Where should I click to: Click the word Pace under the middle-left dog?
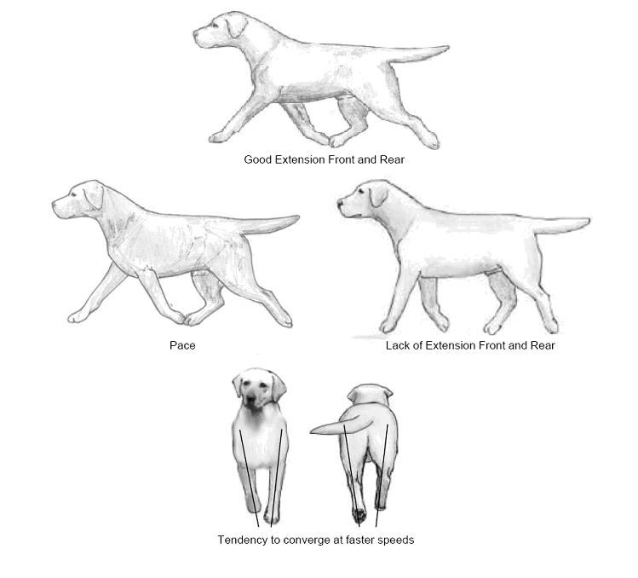pos(182,345)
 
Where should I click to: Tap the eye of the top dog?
pos(215,25)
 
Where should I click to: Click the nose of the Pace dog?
pos(55,202)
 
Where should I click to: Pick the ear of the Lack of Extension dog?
pos(378,194)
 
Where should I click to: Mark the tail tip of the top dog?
pos(446,48)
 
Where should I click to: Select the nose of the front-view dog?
pos(251,399)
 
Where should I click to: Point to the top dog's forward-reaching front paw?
pos(217,137)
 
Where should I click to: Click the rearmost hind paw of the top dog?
pos(431,142)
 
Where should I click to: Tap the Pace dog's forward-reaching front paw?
pos(77,316)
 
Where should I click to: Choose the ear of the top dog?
pos(237,25)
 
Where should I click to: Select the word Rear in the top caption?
pos(392,159)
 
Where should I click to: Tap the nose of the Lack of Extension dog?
pos(340,202)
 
